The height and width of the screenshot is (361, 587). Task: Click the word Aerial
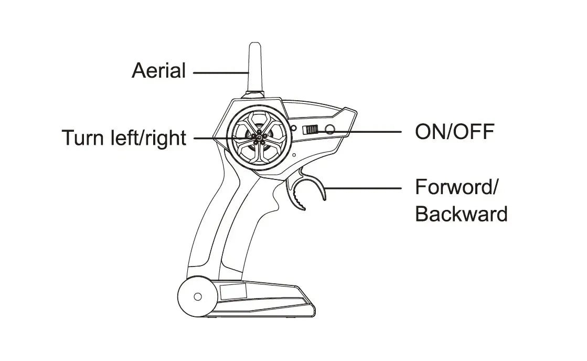pyautogui.click(x=158, y=70)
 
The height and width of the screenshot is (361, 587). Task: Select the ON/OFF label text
pyautogui.click(x=454, y=132)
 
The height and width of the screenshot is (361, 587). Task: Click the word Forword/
pyautogui.click(x=456, y=187)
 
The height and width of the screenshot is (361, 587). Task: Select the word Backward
pyautogui.click(x=461, y=214)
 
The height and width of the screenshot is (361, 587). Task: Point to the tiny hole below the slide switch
pyautogui.click(x=294, y=155)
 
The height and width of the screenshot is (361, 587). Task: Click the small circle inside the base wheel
pyautogui.click(x=198, y=296)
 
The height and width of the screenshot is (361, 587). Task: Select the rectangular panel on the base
pyautogui.click(x=232, y=292)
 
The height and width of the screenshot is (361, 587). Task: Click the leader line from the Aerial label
pyautogui.click(x=220, y=71)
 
